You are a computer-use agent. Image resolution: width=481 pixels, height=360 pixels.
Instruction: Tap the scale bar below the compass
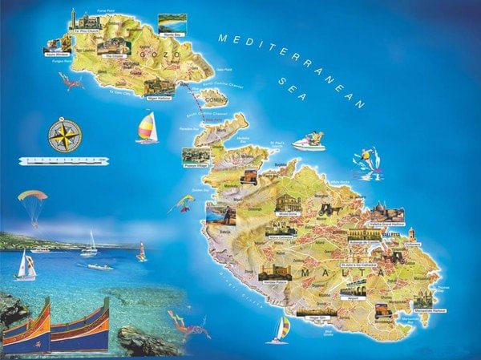click(63, 161)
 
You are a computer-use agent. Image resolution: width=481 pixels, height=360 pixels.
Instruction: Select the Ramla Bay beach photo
click(173, 22)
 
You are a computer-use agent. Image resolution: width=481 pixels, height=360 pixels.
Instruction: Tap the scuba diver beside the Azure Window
click(70, 80)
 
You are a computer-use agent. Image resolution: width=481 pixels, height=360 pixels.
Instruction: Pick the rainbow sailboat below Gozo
click(147, 127)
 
